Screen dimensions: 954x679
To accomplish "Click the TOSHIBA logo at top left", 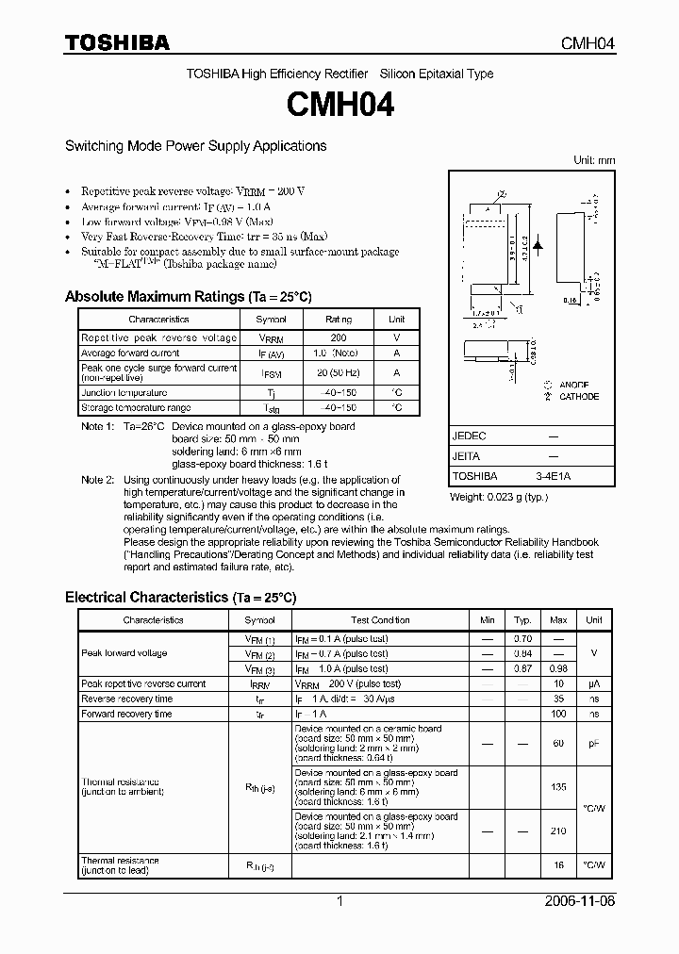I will pyautogui.click(x=117, y=42).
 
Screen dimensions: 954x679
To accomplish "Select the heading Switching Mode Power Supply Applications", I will pyautogui.click(x=195, y=146).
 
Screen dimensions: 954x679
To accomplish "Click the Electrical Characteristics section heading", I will pyautogui.click(x=180, y=598).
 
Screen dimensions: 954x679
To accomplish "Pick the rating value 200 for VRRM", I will pyautogui.click(x=339, y=337).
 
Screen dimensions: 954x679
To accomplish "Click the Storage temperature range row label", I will pyautogui.click(x=136, y=408).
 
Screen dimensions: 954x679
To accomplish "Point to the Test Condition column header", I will pyautogui.click(x=380, y=620).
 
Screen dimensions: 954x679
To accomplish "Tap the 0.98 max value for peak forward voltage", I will pyautogui.click(x=558, y=668).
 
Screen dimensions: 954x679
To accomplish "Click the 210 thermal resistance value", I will pyautogui.click(x=558, y=831).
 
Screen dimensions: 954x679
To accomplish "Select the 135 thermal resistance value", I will pyautogui.click(x=558, y=787).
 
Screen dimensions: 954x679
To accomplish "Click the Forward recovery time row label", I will pyautogui.click(x=126, y=714).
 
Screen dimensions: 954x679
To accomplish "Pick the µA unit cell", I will pyautogui.click(x=594, y=683).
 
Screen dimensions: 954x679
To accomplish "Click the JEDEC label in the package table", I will pyautogui.click(x=470, y=436).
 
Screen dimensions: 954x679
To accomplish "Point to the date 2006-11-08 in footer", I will pyautogui.click(x=579, y=901).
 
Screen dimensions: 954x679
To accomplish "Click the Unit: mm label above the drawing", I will pyautogui.click(x=594, y=160).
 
